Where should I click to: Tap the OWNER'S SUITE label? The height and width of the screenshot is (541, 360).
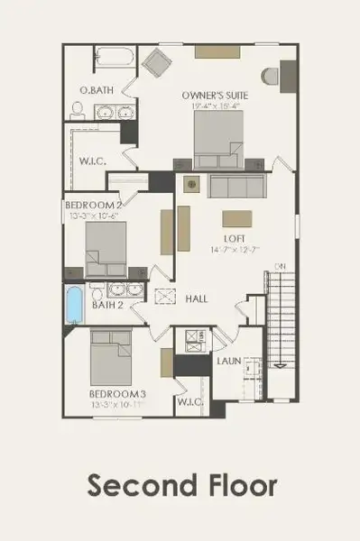point(215,95)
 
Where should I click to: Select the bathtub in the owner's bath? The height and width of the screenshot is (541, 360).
point(112,60)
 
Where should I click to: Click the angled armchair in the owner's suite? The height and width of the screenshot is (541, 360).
point(155,63)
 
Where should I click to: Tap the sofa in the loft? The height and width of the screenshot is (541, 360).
point(236,187)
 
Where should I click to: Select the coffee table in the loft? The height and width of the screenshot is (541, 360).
point(236,219)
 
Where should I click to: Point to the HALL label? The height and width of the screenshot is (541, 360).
point(198,298)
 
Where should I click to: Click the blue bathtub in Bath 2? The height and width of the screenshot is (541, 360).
point(75,305)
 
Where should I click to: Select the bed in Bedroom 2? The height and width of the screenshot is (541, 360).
point(106,252)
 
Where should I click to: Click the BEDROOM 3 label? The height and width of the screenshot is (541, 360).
point(116,394)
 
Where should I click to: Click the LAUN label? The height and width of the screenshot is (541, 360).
point(228,362)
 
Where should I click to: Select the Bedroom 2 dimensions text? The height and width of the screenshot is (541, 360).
point(99,216)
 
